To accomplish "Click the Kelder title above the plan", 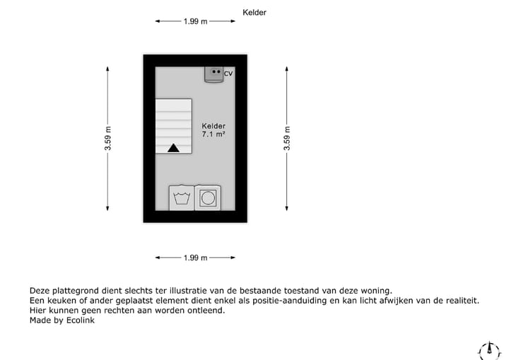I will coord(255,13).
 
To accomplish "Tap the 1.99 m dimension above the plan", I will coord(196,21).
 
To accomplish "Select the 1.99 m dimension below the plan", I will coord(196,258).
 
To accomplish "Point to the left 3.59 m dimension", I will coord(108,139).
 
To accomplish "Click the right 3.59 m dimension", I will coord(286,139).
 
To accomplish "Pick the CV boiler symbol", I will coord(214,74).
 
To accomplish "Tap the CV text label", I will coord(228,74).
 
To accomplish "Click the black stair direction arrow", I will coord(173,148).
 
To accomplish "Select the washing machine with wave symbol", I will coord(182,198).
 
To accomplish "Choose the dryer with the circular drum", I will coord(208,198).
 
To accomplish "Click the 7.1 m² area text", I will coord(213,134).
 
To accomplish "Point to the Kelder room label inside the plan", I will coord(213,125).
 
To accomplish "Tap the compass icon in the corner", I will coord(489,349).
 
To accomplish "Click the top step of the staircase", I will coord(173,104).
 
